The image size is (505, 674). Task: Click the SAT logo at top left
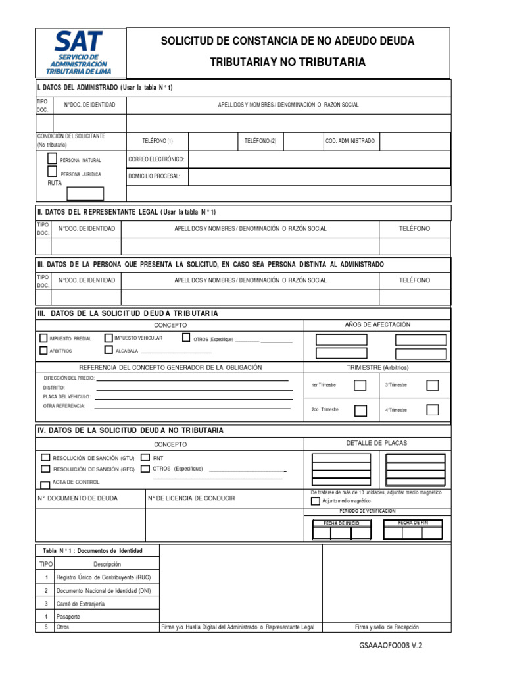click(x=78, y=53)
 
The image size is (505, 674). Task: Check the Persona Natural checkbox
click(x=52, y=159)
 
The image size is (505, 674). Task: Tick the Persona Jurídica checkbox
click(x=52, y=172)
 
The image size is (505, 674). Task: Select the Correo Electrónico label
click(x=156, y=159)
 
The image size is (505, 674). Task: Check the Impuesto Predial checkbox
click(x=44, y=338)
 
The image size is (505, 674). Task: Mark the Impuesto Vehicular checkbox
click(x=108, y=338)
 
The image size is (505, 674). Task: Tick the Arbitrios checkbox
click(x=44, y=351)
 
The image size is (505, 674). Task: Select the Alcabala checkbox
click(x=108, y=350)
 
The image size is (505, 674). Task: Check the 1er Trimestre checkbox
click(x=360, y=386)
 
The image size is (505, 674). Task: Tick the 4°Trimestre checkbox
click(x=432, y=410)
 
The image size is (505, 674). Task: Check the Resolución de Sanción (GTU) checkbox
click(x=45, y=457)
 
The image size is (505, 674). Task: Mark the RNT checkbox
click(x=145, y=457)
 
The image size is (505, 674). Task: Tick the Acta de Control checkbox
click(x=45, y=482)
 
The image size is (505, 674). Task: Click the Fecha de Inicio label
click(x=341, y=523)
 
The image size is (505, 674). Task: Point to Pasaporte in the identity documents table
click(x=68, y=617)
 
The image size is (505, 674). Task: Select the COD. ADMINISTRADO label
click(x=350, y=141)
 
